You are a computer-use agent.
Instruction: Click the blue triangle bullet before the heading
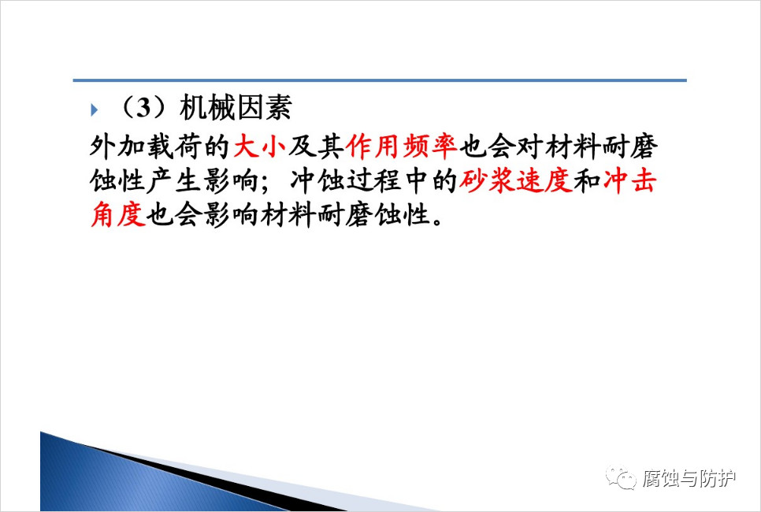tap(95, 110)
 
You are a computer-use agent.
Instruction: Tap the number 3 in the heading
tap(143, 108)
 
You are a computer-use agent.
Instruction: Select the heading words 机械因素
tap(236, 108)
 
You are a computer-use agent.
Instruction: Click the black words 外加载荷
tap(146, 146)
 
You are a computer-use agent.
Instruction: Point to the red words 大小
tap(260, 146)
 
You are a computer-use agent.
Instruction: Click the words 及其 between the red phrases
tap(317, 146)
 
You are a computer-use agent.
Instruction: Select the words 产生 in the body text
tap(174, 181)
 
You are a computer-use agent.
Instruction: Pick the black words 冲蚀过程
tap(346, 181)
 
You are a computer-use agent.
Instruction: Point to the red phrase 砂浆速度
tap(516, 181)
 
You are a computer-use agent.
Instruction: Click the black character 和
tap(587, 181)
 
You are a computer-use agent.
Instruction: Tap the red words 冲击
tap(630, 181)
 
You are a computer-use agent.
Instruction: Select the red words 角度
tap(118, 214)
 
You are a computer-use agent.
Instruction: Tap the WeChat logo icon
tap(621, 477)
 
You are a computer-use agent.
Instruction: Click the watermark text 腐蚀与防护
tap(689, 478)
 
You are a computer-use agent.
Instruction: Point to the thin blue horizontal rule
tap(380, 80)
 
